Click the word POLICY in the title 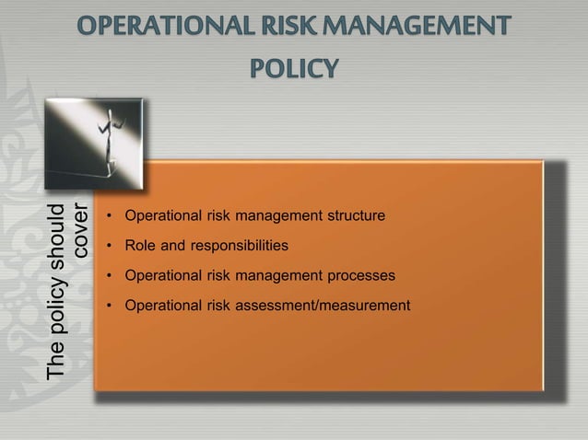tap(294, 68)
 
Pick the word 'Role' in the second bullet tap(141, 247)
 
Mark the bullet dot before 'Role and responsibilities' tap(108, 247)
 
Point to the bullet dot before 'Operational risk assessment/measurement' tap(108, 305)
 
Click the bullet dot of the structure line tap(108, 217)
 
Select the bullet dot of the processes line tap(108, 275)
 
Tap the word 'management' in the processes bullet tap(276, 275)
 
